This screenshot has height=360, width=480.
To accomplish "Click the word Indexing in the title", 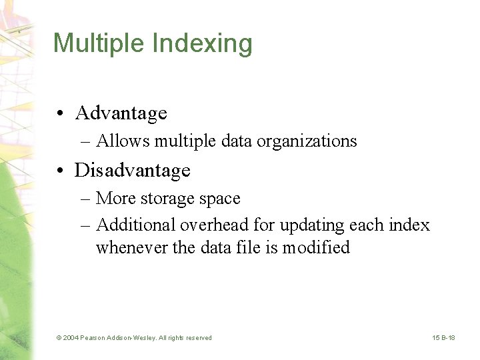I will pyautogui.click(x=203, y=44).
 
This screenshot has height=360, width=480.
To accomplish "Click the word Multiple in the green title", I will pyautogui.click(x=100, y=44).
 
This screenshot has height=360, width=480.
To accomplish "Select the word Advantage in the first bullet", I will pyautogui.click(x=121, y=113).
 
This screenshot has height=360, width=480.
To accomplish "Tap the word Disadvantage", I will pyautogui.click(x=133, y=171).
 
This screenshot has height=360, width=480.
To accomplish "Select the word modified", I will pyautogui.click(x=315, y=248).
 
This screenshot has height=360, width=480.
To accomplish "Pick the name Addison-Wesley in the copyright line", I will pyautogui.click(x=133, y=338).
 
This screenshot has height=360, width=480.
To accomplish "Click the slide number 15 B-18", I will pyautogui.click(x=443, y=338).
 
